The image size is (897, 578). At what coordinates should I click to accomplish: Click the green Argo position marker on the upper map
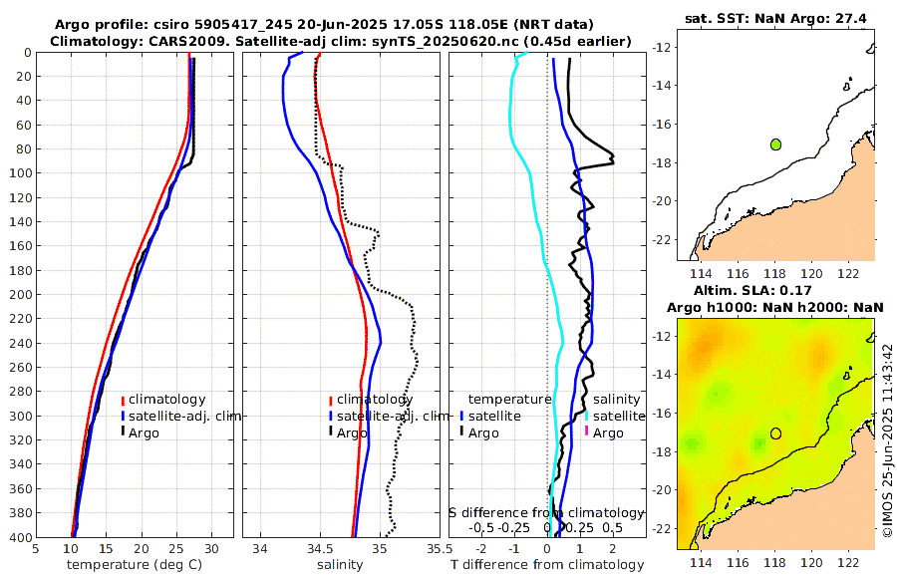[x=775, y=144]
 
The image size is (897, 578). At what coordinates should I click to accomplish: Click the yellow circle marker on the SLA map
[x=775, y=433]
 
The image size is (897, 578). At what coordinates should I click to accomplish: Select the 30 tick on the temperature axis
[x=211, y=548]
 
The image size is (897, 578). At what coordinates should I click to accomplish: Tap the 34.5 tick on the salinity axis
[x=320, y=548]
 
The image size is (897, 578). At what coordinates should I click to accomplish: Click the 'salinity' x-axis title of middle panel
[x=339, y=565]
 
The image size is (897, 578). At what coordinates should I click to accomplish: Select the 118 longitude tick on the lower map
[x=775, y=563]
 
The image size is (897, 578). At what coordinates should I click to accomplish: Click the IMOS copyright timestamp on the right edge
[x=887, y=441]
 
